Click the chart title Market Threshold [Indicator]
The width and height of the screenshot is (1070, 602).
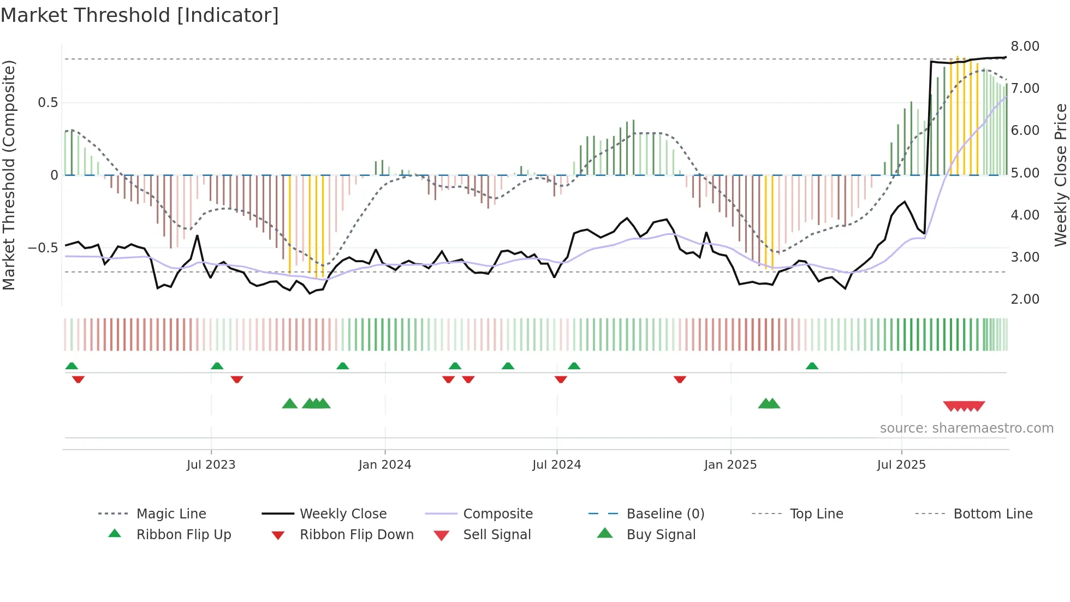(140, 15)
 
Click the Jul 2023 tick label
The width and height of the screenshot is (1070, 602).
(211, 465)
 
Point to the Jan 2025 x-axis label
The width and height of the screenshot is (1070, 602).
(730, 465)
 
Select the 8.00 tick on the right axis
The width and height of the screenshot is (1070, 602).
(1025, 46)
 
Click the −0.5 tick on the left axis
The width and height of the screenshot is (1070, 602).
(43, 248)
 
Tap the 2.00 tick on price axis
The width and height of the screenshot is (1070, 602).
(1025, 299)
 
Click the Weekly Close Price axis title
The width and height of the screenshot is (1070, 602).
(1060, 175)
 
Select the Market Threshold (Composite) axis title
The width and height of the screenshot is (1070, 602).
(9, 175)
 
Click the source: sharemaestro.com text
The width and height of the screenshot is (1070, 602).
(966, 428)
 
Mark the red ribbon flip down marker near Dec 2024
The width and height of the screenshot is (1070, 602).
(680, 379)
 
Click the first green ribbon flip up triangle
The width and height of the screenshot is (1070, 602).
(72, 366)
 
